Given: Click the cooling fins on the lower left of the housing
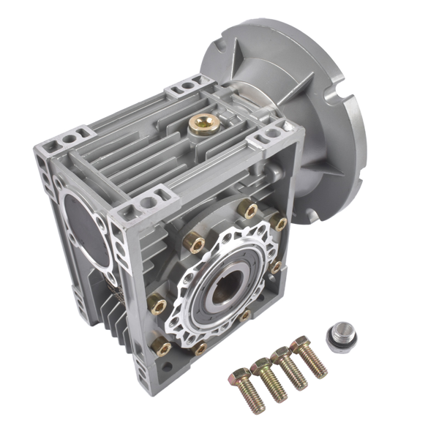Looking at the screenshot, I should pos(113,307).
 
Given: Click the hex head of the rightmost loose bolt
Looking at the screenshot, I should pos(301,344).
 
